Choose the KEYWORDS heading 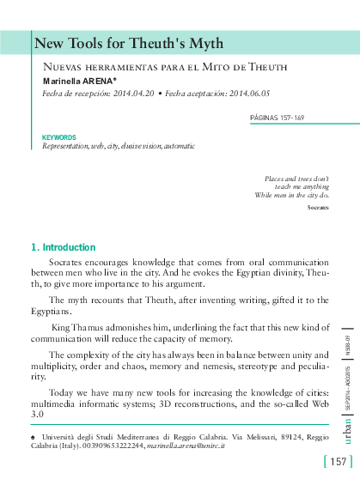coord(58,137)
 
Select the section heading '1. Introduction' coord(63,247)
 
